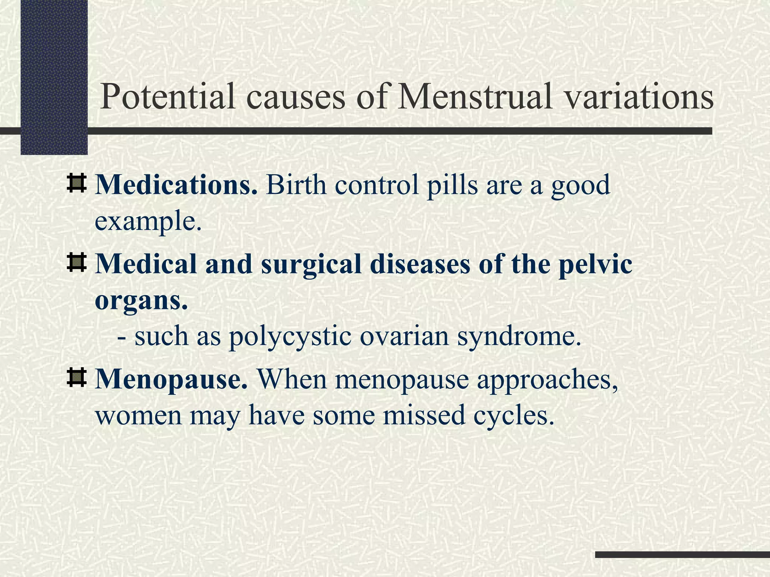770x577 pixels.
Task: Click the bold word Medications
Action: click(176, 185)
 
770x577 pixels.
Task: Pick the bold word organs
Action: click(141, 301)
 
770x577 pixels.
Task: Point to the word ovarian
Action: click(404, 336)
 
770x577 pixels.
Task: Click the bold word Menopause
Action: click(171, 379)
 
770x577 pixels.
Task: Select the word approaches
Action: click(548, 379)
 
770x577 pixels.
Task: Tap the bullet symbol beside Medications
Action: click(77, 183)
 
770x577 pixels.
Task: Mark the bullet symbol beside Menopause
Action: click(77, 378)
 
